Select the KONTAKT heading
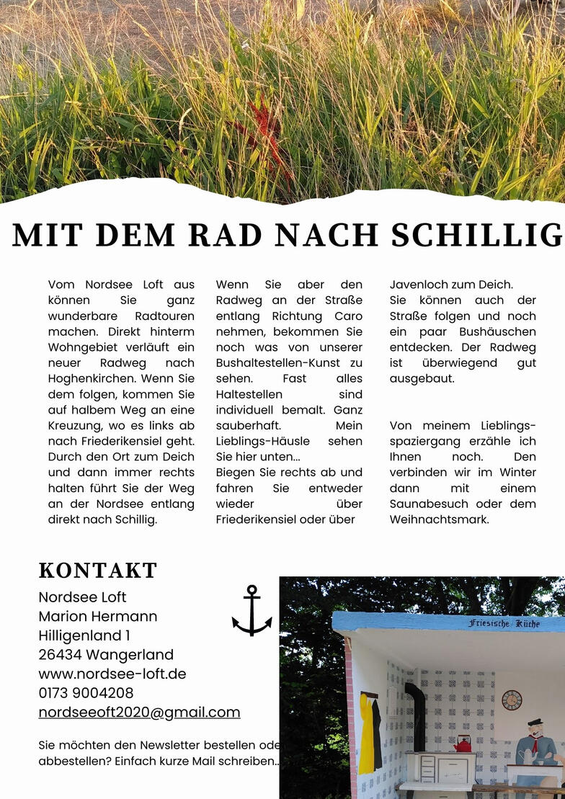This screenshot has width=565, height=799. coord(98,571)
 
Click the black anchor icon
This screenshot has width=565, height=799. coord(252,611)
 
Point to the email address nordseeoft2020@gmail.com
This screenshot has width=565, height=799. coord(139,713)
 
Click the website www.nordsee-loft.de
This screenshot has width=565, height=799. coord(112,674)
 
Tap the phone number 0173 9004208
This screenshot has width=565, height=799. coord(86,693)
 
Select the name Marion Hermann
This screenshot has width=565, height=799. coord(98,617)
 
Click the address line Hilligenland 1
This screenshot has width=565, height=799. coord(84,635)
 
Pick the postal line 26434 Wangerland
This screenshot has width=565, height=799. coord(106,655)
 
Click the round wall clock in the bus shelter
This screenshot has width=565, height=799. coord(512,700)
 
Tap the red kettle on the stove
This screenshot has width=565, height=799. coord(462,744)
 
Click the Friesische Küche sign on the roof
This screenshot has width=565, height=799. coord(504,623)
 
